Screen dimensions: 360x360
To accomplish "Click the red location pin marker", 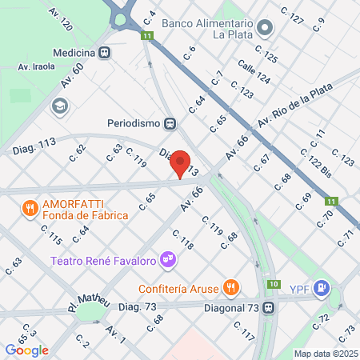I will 181,164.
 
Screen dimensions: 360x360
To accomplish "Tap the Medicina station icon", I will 106,53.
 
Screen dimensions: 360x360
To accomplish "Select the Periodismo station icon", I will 170,123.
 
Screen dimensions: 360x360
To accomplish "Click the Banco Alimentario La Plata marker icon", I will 266,30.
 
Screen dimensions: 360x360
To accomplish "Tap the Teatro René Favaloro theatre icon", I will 167,260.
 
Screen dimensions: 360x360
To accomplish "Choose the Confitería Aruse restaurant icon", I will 230,287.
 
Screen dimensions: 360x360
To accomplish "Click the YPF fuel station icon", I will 322,287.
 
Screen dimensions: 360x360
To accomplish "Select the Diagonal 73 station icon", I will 270,307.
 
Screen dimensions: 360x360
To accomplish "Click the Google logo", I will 26,350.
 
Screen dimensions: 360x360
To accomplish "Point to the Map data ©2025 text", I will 325,353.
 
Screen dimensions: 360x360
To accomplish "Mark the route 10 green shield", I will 274,284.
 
